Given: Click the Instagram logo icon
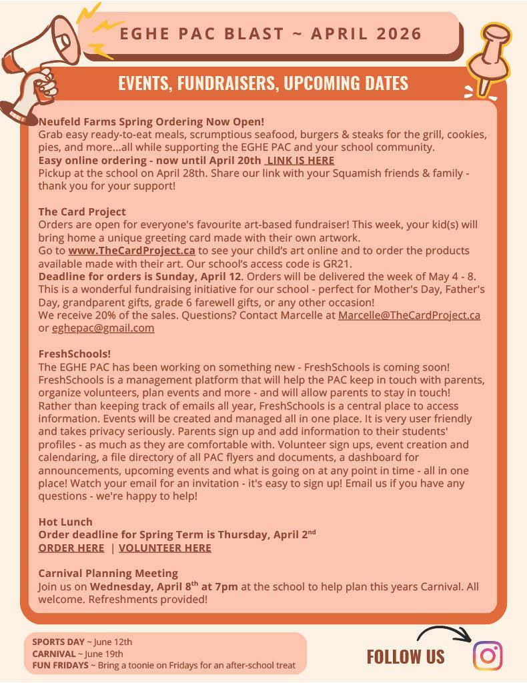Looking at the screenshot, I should click(488, 655).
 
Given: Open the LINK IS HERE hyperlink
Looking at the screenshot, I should click(300, 160).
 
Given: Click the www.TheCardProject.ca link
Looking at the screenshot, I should click(131, 251).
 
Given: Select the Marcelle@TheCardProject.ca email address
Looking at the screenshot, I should click(409, 315).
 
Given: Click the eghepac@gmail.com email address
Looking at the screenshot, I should click(103, 328).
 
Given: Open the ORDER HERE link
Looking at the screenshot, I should click(71, 548).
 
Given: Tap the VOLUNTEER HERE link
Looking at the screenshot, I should click(165, 548).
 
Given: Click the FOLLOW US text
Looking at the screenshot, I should click(406, 657).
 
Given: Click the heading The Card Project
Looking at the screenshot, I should click(82, 212).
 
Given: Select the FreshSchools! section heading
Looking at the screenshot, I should click(75, 354).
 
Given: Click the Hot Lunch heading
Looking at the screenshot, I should click(65, 522).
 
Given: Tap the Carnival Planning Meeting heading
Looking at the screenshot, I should click(108, 573).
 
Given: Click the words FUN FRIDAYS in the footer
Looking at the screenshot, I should click(60, 665).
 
